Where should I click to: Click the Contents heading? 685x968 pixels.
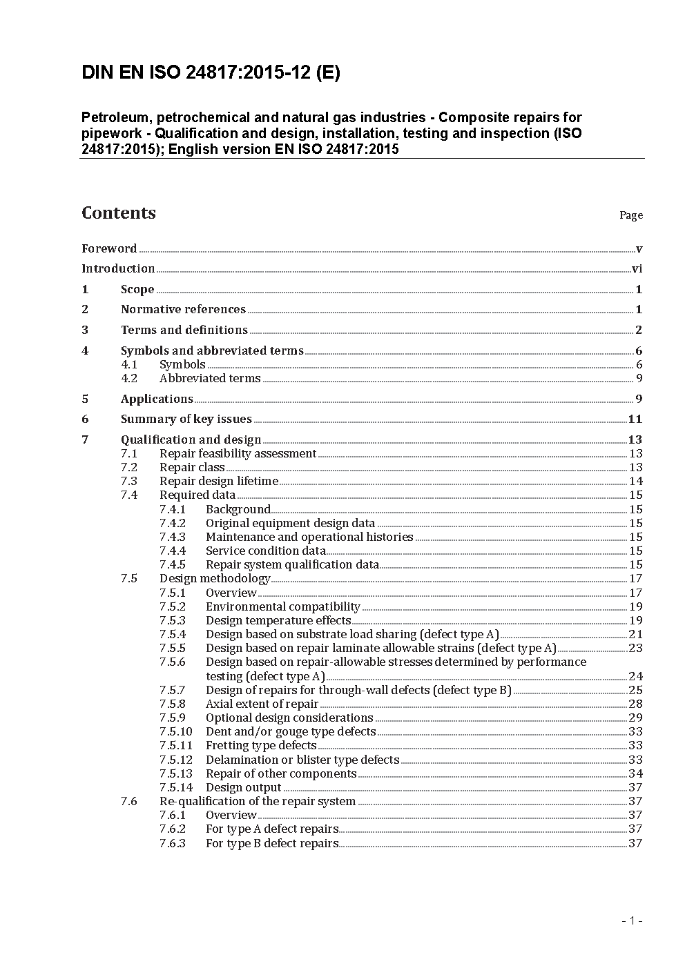pos(119,213)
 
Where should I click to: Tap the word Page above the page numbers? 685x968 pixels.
pos(630,215)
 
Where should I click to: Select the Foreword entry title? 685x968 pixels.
pos(109,248)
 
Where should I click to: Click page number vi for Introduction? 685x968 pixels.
pos(637,269)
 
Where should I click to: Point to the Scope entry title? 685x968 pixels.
pos(137,290)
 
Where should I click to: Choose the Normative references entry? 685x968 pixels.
pos(183,310)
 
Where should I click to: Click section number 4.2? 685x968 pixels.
pos(129,378)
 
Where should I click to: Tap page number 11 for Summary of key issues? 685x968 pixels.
pos(635,419)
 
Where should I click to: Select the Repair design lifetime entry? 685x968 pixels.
pos(218,481)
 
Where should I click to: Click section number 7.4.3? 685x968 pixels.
pos(172,537)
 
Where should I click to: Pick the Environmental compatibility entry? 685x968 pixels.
pos(282,606)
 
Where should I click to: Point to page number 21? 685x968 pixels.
pos(635,634)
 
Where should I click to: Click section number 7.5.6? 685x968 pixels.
pos(172,662)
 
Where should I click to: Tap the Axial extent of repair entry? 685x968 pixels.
pos(262,704)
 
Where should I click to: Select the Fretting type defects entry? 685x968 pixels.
pos(261,745)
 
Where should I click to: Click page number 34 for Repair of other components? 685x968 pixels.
pos(635,773)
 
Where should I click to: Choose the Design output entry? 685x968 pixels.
pos(243,787)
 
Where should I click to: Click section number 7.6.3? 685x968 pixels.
pos(172,843)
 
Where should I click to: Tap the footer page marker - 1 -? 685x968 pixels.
pos(632,920)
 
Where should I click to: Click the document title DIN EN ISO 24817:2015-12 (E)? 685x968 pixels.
pos(211,73)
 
